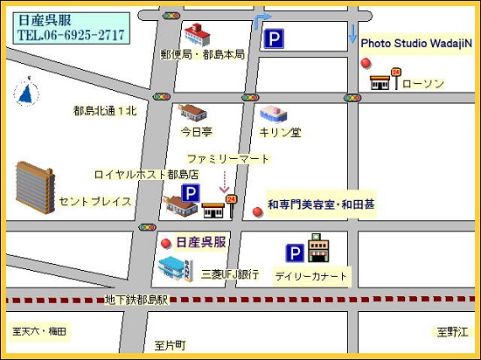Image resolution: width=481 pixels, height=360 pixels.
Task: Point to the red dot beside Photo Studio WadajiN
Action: tap(366, 62)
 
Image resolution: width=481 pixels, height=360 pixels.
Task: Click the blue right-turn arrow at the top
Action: tap(261, 22)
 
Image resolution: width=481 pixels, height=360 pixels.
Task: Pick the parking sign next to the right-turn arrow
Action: tap(275, 38)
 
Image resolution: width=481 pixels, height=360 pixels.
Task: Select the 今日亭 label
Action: tap(197, 132)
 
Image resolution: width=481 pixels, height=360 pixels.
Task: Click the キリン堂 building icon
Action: tap(273, 114)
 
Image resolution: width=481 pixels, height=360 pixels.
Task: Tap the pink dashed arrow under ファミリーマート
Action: tap(224, 182)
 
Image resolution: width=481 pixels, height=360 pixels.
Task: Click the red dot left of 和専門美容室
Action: tap(257, 211)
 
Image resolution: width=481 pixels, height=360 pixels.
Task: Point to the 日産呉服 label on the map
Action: tap(201, 242)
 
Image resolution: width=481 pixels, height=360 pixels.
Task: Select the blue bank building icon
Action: tap(175, 268)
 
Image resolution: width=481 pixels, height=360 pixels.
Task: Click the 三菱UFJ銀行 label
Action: tap(230, 274)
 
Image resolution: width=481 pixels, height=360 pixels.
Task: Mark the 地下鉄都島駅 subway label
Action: tap(136, 300)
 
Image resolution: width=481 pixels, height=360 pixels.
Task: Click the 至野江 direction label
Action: tap(454, 331)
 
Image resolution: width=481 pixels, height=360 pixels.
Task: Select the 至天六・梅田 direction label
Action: tap(39, 331)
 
